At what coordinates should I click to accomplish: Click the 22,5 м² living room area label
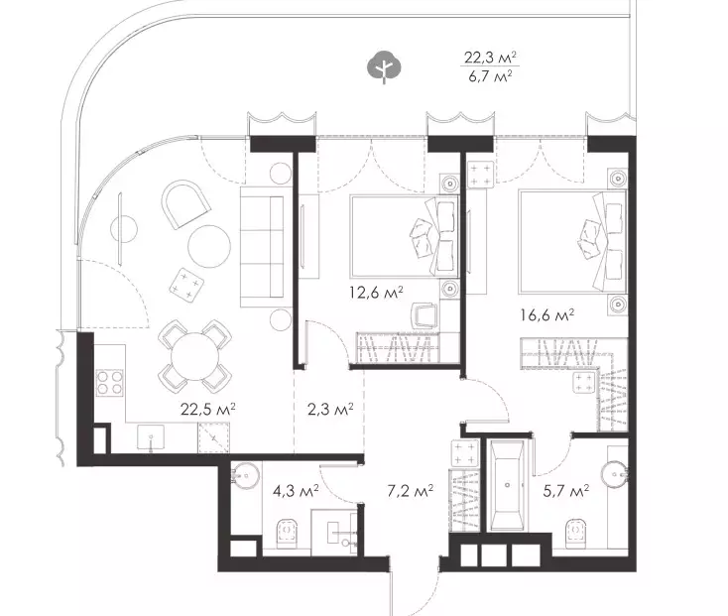pos(208,410)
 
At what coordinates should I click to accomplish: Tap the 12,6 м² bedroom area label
pos(376,293)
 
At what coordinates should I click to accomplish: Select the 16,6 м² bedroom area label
pos(547,315)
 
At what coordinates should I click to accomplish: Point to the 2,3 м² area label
pos(330,410)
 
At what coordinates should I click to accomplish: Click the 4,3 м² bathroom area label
pos(296,491)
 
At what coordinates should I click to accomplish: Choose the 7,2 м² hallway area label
pos(411,491)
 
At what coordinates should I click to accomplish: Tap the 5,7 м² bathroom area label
pos(566,491)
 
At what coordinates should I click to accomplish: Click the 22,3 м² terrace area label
pos(491,58)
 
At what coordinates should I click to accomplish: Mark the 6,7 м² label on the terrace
pos(491,75)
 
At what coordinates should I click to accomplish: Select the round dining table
pos(195,356)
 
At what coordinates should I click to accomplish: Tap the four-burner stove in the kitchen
pos(110,383)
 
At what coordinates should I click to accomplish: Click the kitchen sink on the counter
pos(151,437)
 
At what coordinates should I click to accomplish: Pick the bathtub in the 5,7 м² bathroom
pos(507,485)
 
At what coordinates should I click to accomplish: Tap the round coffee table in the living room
pos(209,246)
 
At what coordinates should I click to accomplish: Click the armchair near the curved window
pos(183,204)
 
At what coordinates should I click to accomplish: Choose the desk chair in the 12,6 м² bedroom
pos(425,315)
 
